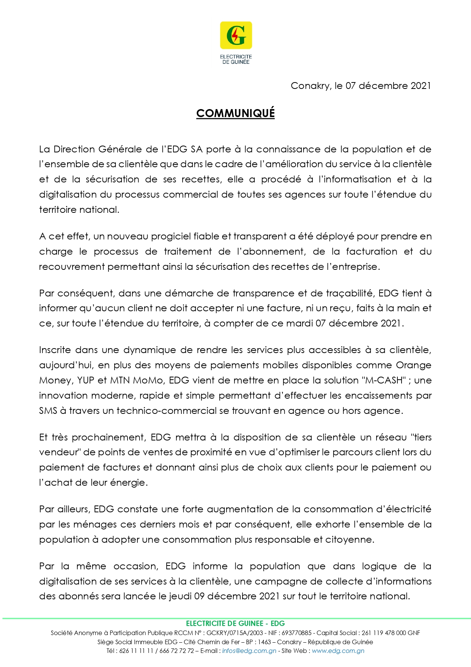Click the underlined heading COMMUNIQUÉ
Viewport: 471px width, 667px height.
tap(235, 113)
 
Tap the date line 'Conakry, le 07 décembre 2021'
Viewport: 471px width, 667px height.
tap(361, 86)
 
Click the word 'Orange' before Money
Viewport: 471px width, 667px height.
tap(414, 365)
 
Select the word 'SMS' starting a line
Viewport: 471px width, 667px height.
tap(48, 411)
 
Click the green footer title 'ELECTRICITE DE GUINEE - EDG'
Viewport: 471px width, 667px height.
tap(235, 624)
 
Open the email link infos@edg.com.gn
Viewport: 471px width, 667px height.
tap(249, 651)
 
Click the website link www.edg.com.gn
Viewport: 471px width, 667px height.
tap(338, 651)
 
